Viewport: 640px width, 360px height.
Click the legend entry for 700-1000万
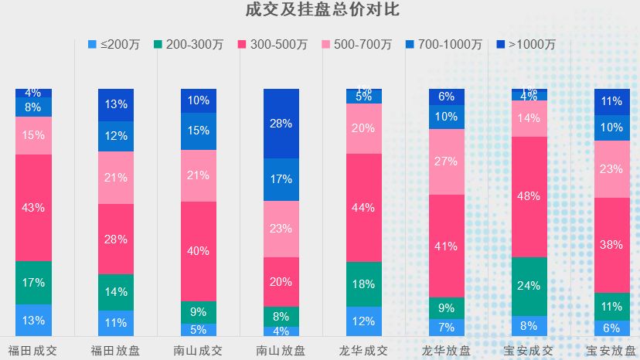[443, 45]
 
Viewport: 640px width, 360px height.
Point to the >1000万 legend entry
[523, 45]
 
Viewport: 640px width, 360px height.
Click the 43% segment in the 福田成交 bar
[33, 208]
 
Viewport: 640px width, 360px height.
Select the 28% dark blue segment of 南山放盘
[281, 124]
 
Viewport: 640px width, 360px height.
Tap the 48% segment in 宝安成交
[529, 196]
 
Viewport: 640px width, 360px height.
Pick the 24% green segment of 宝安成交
[529, 286]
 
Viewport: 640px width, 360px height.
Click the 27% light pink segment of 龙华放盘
[447, 161]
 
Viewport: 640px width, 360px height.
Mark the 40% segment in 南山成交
[199, 251]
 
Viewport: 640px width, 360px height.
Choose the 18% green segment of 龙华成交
[364, 284]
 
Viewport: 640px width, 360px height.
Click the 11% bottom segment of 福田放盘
[116, 323]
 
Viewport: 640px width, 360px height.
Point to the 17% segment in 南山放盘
[281, 179]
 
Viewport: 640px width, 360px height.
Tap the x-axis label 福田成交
[33, 350]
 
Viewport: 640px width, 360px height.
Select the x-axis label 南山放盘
[281, 350]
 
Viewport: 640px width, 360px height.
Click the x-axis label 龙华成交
[364, 350]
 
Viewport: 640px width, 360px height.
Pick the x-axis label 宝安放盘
[611, 350]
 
